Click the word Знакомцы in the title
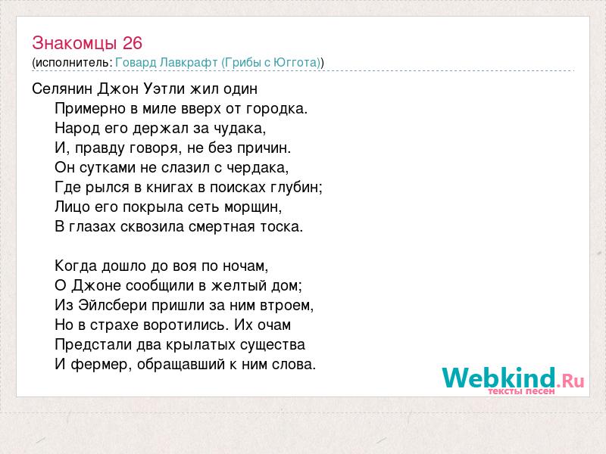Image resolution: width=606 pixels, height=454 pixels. tap(74, 44)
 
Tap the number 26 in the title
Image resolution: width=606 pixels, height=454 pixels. tap(133, 43)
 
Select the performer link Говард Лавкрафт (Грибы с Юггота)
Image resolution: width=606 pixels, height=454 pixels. tap(218, 63)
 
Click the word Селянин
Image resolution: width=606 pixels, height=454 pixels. tap(62, 89)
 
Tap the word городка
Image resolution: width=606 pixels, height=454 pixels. tap(274, 109)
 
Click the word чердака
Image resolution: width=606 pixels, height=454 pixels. tap(255, 168)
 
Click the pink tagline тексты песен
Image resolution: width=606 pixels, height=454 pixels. tap(521, 391)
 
